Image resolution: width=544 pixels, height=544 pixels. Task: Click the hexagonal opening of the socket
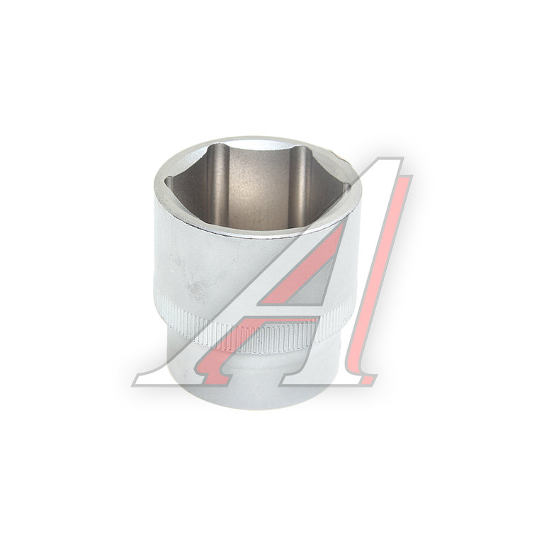pos(256,187)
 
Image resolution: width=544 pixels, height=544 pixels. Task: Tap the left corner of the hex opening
pos(165,181)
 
